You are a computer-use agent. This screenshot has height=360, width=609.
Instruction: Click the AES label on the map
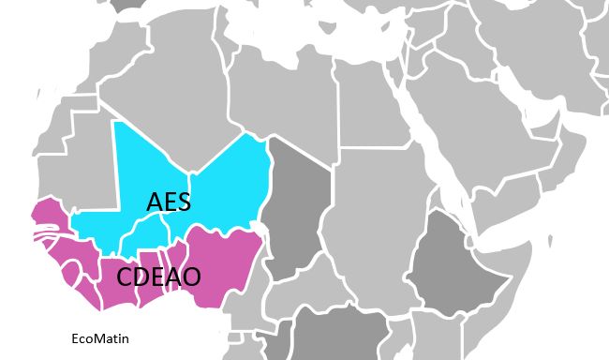tap(169, 201)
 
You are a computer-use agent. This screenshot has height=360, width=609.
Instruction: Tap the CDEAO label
tap(158, 277)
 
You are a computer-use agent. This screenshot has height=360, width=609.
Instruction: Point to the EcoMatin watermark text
tap(100, 338)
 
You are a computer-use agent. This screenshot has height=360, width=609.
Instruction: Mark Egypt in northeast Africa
tap(370, 103)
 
